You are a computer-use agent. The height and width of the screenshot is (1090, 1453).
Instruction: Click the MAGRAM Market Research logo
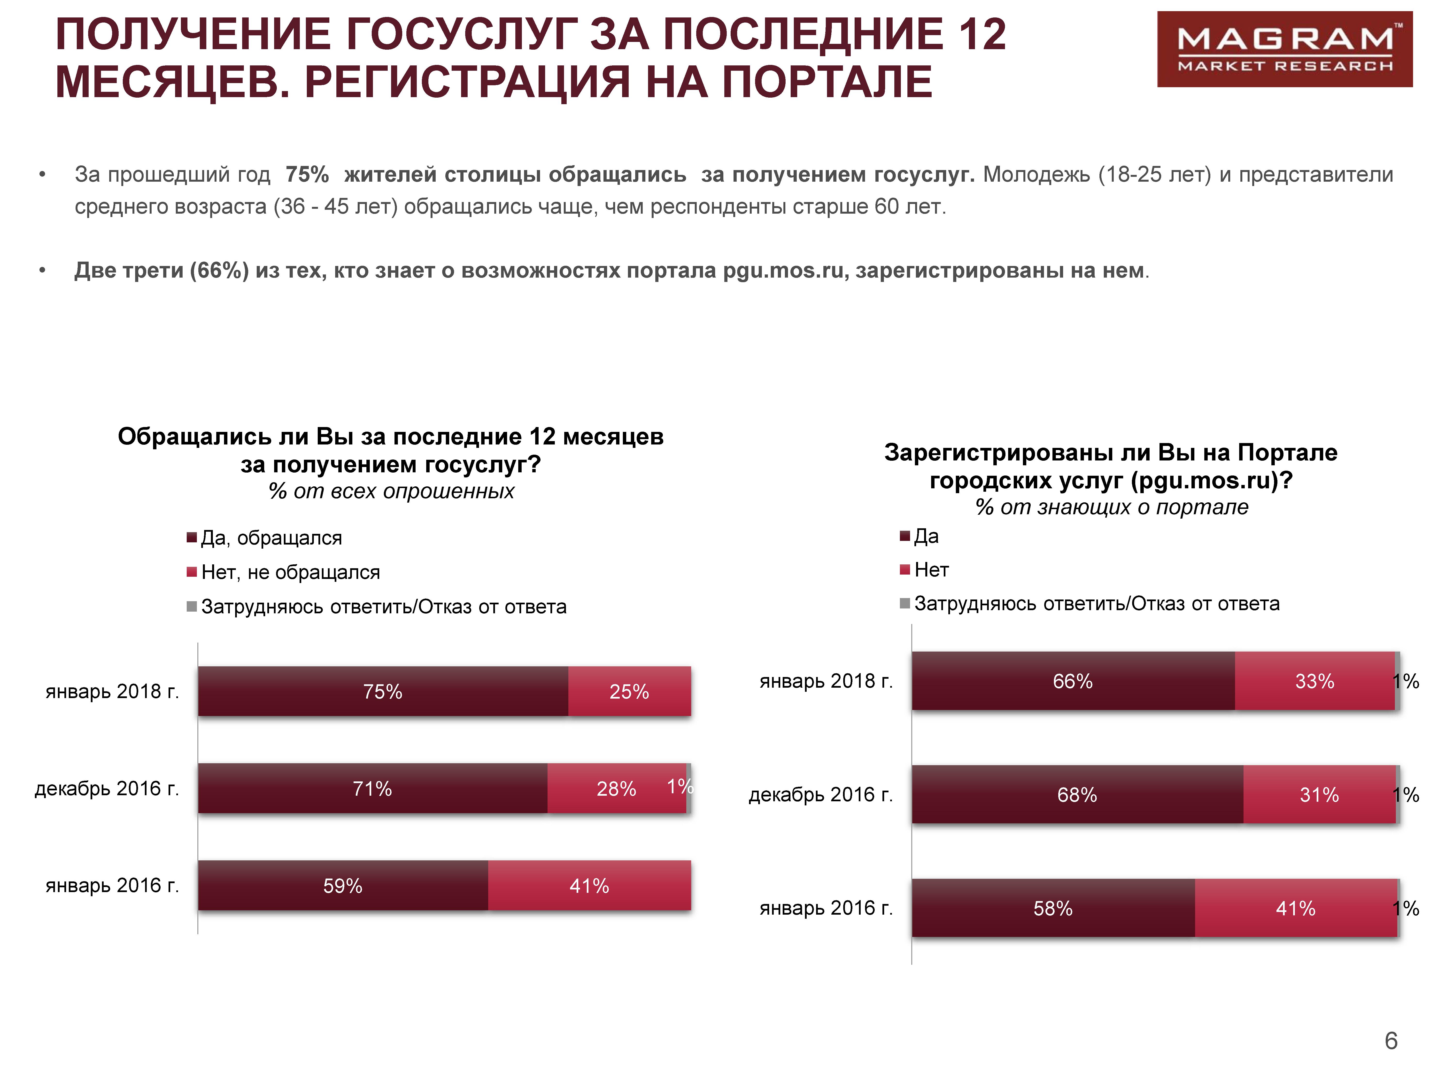(1284, 49)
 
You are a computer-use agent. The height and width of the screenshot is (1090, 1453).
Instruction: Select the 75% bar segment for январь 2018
(383, 691)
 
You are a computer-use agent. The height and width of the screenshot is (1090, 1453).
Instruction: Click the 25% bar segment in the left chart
(629, 691)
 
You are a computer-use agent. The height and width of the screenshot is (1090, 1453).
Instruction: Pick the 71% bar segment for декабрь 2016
(372, 788)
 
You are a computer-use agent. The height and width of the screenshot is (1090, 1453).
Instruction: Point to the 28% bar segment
(616, 788)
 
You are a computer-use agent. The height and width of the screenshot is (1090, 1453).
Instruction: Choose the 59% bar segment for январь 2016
(343, 886)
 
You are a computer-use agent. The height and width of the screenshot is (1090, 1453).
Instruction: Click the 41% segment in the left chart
(589, 886)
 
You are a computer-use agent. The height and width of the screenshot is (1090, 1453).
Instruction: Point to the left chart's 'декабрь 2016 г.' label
(106, 788)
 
